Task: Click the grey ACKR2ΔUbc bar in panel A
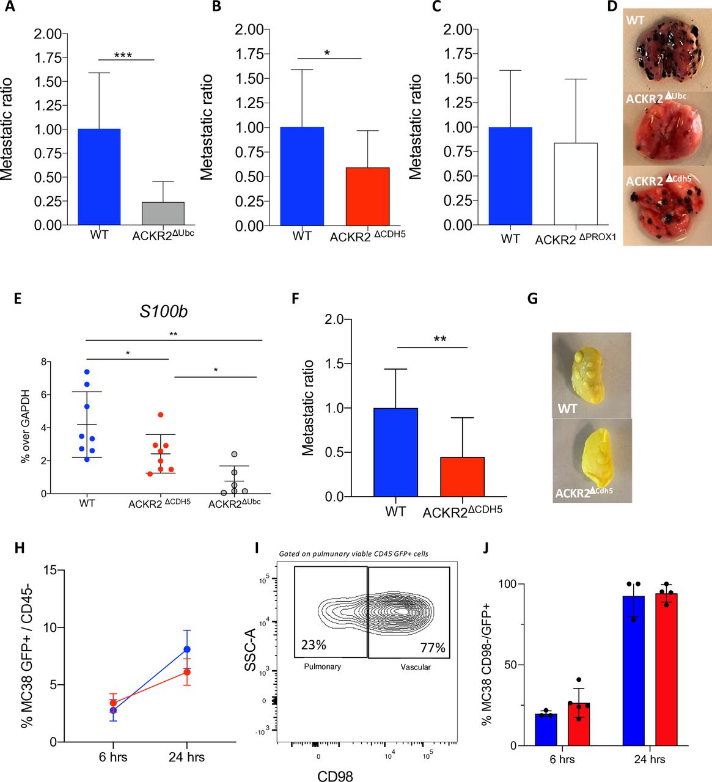coord(163,214)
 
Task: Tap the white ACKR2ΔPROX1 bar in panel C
coord(575,184)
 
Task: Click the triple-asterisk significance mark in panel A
coord(123,55)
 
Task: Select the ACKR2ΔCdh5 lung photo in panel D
coord(667,205)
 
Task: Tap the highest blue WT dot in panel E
coord(87,371)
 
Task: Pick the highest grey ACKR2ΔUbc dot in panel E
coord(233,454)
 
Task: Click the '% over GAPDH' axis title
coord(26,428)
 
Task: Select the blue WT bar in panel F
coord(396,452)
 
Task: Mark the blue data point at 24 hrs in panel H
coord(187,649)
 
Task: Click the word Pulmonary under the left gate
coord(322,667)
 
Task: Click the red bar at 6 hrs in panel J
coord(578,725)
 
